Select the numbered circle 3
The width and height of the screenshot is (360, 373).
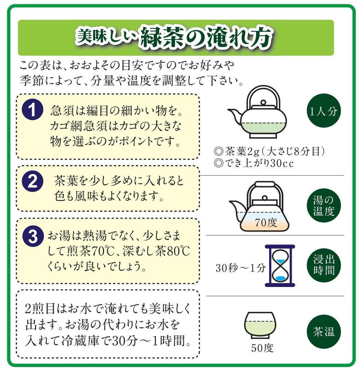[33, 236]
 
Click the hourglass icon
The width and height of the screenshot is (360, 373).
[280, 265]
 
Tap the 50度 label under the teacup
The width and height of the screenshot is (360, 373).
[262, 349]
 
